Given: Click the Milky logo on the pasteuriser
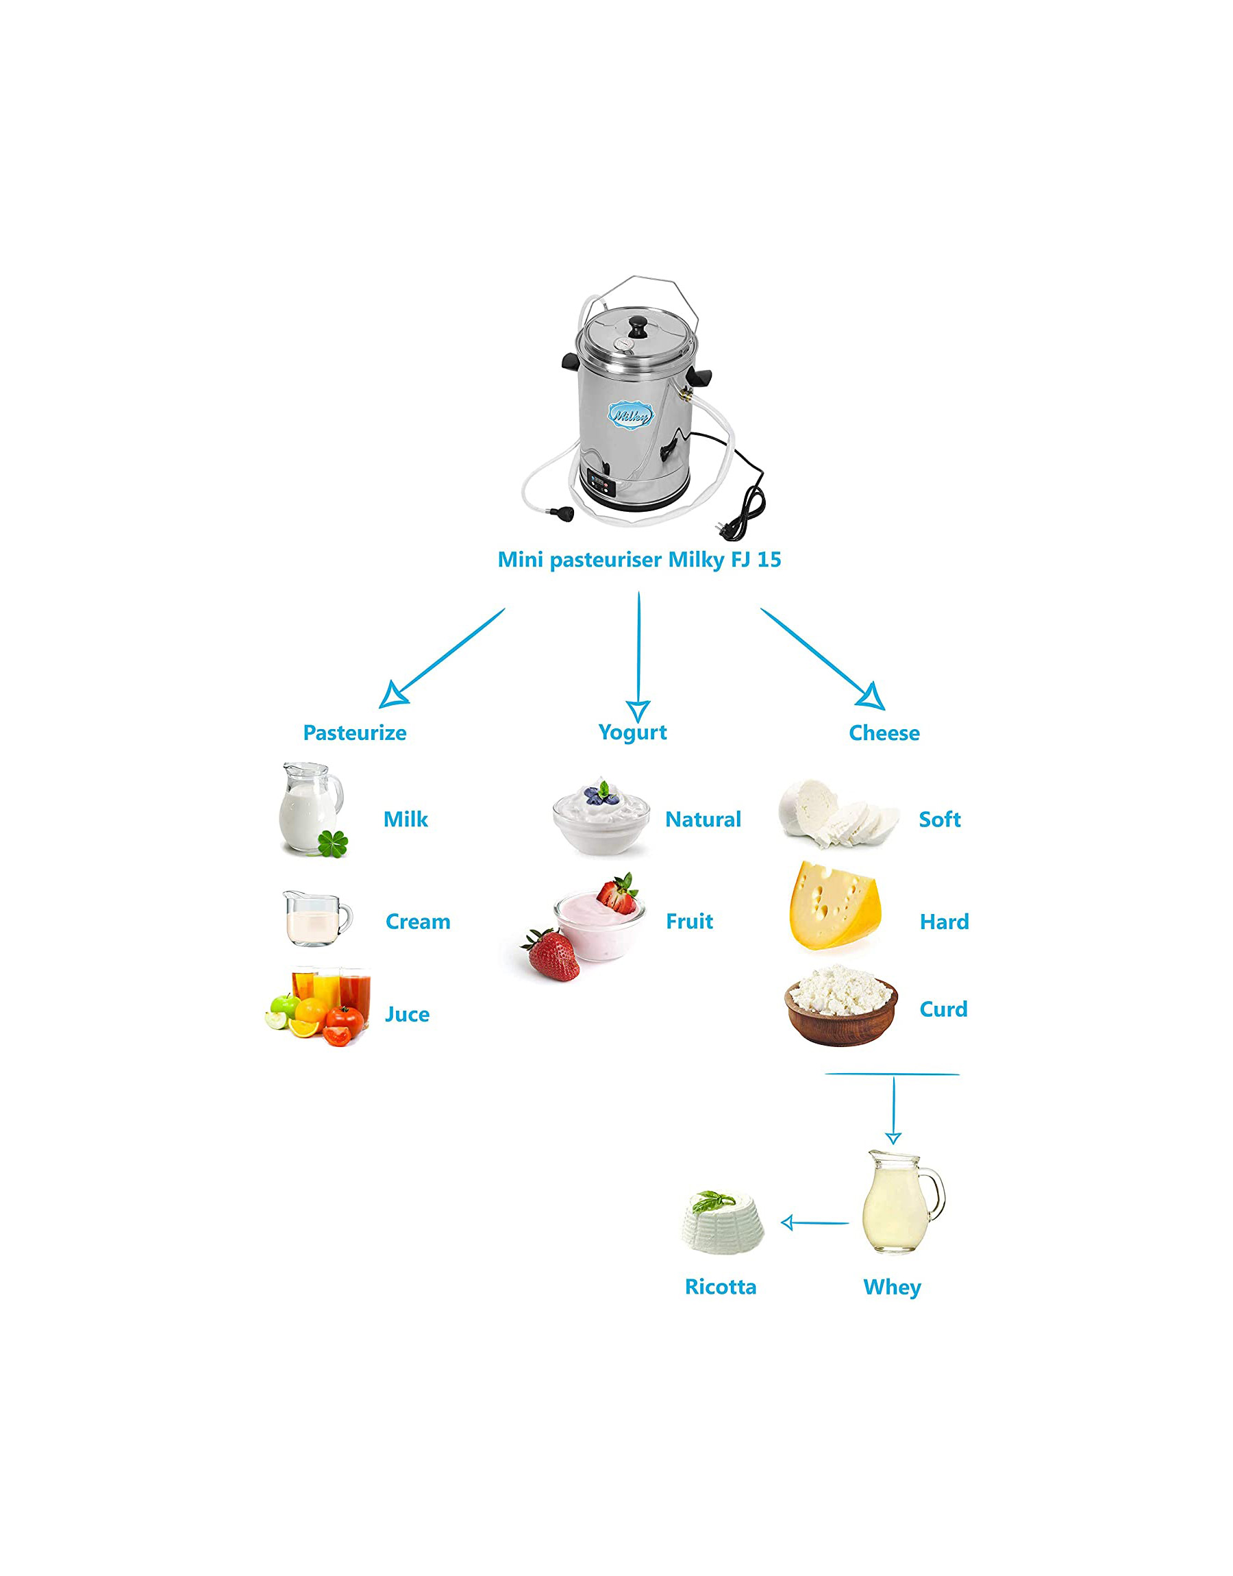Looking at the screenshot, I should coord(630,416).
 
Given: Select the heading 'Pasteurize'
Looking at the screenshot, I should coord(354,732).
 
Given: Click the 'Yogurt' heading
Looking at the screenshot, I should coord(632,732).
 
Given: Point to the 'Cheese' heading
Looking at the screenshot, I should coord(884,732).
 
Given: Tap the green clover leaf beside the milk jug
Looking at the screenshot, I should coord(333,843).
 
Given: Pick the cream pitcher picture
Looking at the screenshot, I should coord(316,918).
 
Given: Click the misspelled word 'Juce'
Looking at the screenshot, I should coord(407,1014).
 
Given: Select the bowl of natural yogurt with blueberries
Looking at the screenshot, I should coord(601,820).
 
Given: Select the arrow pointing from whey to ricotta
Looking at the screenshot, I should coord(814,1222).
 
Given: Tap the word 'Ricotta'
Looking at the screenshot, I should coord(721,1287).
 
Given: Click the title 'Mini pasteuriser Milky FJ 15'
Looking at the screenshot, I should coord(639,560).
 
